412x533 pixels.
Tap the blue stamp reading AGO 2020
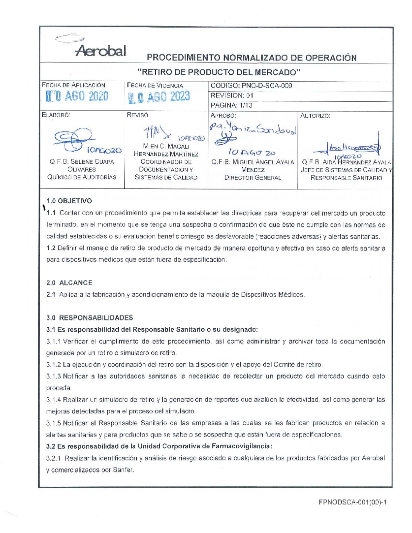click(x=78, y=96)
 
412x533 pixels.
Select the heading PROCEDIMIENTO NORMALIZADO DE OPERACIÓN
click(x=252, y=58)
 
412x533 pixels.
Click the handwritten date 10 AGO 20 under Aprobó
click(x=252, y=152)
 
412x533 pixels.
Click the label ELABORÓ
click(x=55, y=115)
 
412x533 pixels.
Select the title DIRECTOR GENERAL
click(x=252, y=178)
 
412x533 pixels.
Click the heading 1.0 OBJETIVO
click(x=69, y=201)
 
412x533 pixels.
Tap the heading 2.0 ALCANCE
click(x=69, y=283)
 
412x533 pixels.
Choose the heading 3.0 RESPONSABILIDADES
click(x=90, y=318)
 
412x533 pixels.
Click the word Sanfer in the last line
click(x=123, y=470)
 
